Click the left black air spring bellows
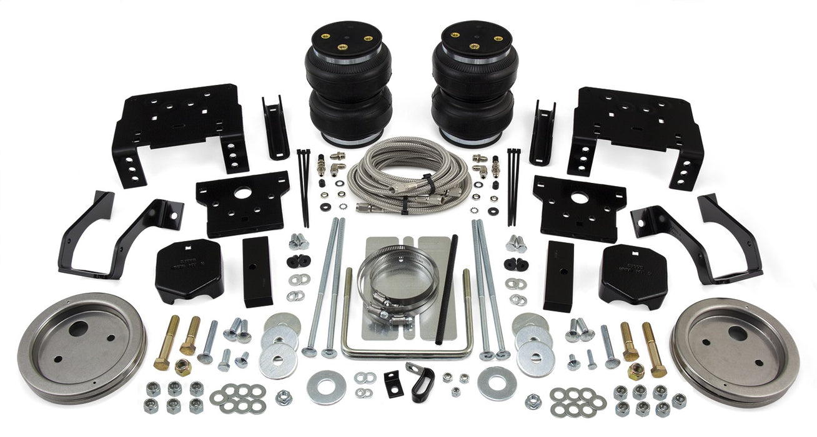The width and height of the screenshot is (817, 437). coord(349,87)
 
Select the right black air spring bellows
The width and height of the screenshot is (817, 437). coord(473,87)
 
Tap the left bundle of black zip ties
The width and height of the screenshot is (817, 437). coord(304,187)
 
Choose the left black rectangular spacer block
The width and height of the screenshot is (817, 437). coord(257,271)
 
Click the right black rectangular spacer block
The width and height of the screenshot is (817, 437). coord(558,275)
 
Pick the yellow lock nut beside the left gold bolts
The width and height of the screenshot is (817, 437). coord(184,366)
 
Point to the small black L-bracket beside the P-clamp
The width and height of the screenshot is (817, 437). coord(392,383)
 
